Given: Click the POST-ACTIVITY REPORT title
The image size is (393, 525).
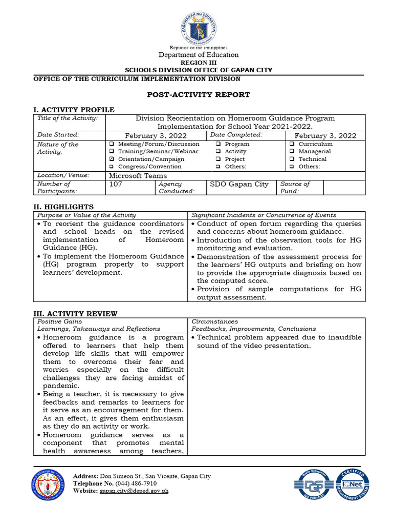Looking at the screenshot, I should click(199, 94).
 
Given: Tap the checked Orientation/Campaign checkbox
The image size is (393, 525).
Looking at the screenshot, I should click(112, 159).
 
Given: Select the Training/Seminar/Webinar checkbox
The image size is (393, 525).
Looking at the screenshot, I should click(112, 152).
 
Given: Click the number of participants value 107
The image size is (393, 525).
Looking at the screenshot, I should click(116, 184).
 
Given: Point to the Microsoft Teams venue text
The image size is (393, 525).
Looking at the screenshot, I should click(138, 175).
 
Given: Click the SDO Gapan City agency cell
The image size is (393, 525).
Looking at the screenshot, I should click(239, 184).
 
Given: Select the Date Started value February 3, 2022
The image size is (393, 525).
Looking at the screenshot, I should click(156, 135).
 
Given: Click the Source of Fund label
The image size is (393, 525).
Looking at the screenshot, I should click(295, 187).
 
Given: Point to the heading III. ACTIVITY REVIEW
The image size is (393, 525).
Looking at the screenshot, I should click(75, 313).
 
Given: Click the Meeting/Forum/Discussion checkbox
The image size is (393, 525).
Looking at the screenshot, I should click(112, 145).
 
